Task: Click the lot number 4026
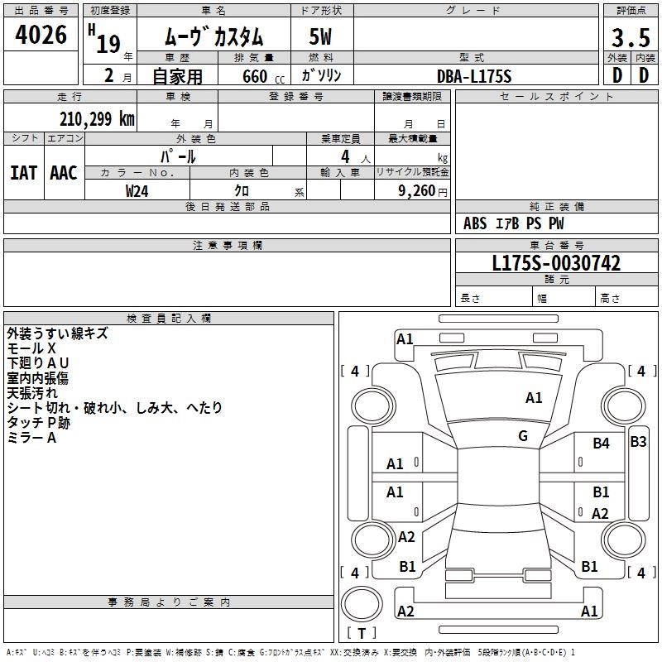coord(41,36)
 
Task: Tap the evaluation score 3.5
coord(631,37)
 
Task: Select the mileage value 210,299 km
coord(96,119)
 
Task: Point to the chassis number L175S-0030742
coord(556,263)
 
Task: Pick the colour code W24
coord(137,190)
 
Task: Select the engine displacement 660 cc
coord(253,76)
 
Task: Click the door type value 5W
coord(321,37)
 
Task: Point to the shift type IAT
coord(23,173)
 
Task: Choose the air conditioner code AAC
coord(64,173)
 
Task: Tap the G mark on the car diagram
coord(523,436)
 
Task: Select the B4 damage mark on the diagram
coord(601,444)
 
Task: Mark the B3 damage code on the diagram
coord(638,442)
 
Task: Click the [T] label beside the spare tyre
coord(362,634)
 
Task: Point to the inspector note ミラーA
coord(31,438)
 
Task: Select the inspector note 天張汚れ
coord(32,393)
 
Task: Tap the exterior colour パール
coord(178,156)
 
